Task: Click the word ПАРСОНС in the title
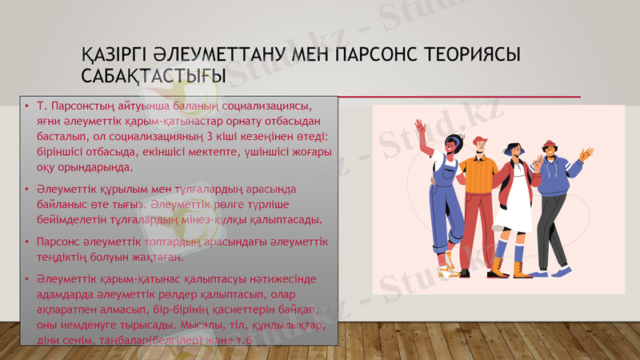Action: coord(374,55)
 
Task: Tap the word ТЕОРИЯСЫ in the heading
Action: coord(467,55)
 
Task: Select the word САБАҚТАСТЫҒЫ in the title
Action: coord(153,75)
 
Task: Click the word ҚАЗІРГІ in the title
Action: coord(120,55)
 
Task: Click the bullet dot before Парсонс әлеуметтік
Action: coord(26,241)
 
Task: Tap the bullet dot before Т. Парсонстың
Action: coord(26,105)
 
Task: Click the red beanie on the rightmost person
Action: coord(548,144)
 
